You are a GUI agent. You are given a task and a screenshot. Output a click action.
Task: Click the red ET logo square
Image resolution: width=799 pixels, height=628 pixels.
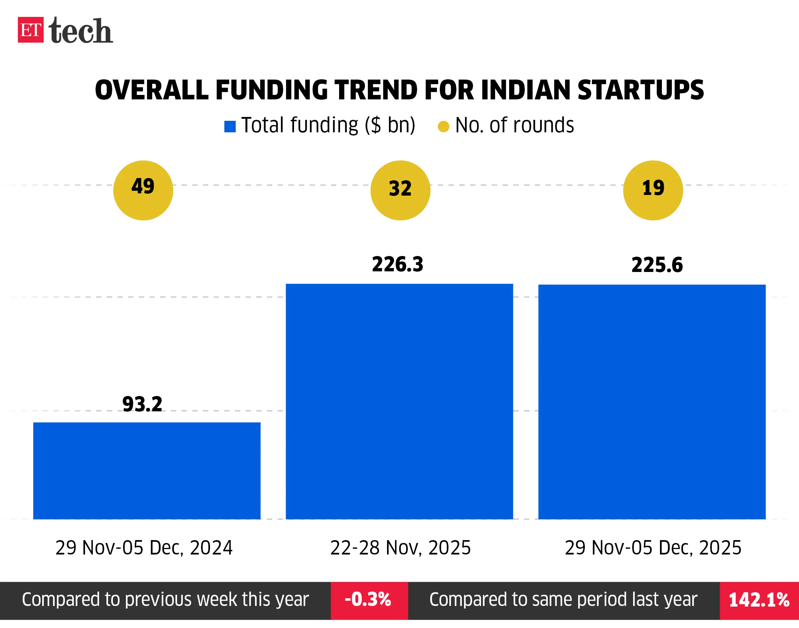point(30,30)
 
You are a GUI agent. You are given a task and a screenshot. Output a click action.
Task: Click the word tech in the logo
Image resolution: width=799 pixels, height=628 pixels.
point(81,31)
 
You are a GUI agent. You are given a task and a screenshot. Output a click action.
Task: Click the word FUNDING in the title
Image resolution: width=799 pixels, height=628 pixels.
point(271,90)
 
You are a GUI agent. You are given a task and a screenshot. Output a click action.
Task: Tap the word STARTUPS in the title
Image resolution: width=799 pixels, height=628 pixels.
point(640,90)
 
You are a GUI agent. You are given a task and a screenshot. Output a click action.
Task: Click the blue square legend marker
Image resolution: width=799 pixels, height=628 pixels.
point(230,127)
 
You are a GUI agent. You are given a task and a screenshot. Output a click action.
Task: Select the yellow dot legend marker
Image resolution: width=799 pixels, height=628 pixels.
point(443,127)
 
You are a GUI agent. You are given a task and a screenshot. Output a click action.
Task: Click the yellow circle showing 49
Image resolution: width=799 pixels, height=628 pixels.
point(143,190)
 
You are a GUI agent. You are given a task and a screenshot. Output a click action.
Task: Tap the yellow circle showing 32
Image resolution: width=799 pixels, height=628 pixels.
point(400,190)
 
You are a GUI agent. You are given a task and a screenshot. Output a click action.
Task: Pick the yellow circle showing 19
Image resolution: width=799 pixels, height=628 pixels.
point(653,190)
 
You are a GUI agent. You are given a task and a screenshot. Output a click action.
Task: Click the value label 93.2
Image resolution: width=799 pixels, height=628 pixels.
point(142,404)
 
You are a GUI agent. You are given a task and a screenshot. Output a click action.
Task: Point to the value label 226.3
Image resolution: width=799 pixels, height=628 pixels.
point(398,264)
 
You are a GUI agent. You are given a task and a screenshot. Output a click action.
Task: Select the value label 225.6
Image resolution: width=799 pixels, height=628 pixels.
point(657,265)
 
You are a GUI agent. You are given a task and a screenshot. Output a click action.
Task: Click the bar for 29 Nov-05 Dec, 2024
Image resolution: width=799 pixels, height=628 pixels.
point(147,471)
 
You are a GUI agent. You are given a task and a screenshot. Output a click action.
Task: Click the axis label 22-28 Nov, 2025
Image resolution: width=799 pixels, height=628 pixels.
point(400,547)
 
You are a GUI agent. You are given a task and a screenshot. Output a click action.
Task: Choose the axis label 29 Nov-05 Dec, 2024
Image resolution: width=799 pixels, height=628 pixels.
point(144,547)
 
